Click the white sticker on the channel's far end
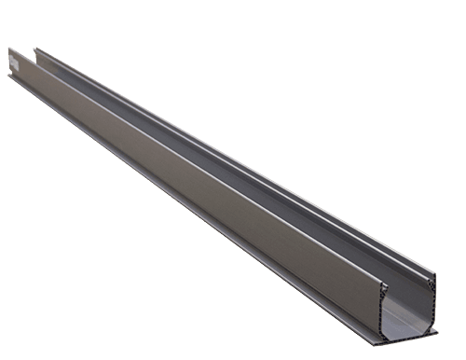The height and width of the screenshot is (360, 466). click(x=13, y=62)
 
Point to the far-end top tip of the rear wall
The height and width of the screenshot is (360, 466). click(x=35, y=49)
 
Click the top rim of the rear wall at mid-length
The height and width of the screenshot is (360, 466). click(x=233, y=150)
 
